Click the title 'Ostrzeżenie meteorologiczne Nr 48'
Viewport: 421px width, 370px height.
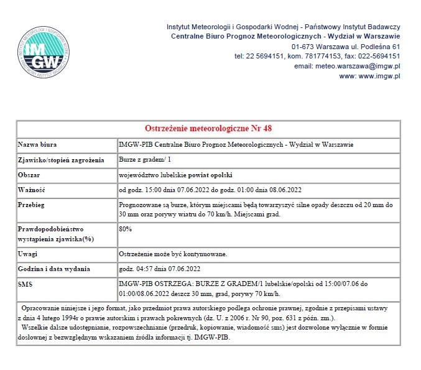(208, 129)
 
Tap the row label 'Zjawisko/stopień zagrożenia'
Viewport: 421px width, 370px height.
(61, 159)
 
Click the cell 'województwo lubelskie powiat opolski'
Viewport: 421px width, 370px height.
(176, 174)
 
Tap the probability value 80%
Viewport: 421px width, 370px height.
(125, 229)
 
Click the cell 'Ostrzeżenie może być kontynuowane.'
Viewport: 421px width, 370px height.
(173, 254)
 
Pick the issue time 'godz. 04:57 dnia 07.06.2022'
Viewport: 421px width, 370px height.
(159, 269)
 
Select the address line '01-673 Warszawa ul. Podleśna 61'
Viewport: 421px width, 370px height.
(345, 47)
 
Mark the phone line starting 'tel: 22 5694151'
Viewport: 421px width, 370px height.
(317, 56)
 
